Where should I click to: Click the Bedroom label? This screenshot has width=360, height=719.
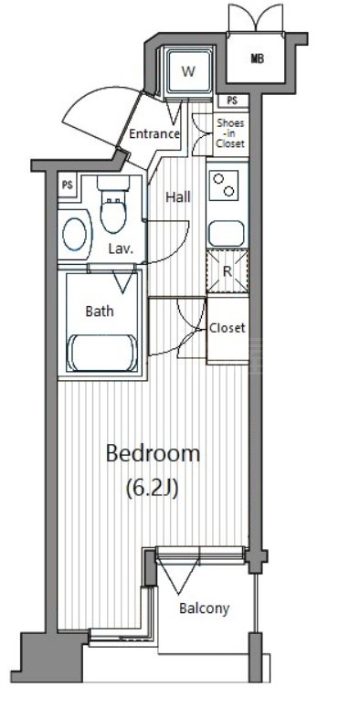pos(153,453)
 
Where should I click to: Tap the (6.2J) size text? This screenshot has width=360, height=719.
pos(152,489)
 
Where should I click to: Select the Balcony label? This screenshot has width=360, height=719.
pos(204,608)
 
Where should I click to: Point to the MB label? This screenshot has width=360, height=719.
pos(258,58)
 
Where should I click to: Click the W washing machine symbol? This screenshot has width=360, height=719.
pos(189,71)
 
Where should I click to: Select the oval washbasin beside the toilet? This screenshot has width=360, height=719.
pos(75,234)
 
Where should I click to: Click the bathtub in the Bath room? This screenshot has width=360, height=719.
pos(102,353)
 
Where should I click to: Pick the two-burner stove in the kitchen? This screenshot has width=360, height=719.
pos(226,185)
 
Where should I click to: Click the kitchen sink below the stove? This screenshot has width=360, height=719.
pos(226,234)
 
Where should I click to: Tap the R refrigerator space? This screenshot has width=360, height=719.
pos(227,271)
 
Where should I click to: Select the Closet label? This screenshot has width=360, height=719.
pos(228,328)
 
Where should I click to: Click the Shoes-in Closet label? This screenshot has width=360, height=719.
pos(230,133)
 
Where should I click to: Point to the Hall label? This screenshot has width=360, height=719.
pos(178,197)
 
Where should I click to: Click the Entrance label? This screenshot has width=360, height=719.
pos(154,134)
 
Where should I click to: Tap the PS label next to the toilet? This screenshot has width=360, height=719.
pos(68,185)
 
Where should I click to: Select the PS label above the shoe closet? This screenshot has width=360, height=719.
pos(232,100)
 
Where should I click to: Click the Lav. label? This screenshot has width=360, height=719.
pos(122,249)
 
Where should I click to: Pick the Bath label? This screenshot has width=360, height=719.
pos(100,312)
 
